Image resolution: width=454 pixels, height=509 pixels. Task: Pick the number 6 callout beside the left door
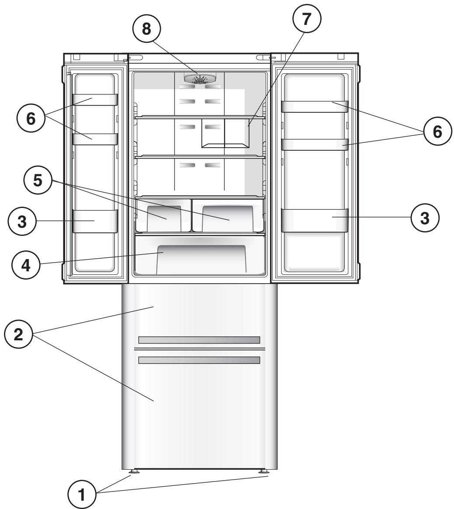tap(31, 119)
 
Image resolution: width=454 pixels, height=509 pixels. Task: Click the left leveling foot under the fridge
tap(133, 472)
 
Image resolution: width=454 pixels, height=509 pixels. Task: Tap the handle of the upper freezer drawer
tap(199, 340)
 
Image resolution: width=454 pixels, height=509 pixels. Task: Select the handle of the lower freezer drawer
tap(199, 360)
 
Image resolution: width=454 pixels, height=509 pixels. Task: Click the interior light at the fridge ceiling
tap(201, 79)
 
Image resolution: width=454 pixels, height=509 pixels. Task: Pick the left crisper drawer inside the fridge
tap(163, 215)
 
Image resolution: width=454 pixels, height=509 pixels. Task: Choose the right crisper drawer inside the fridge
tap(227, 215)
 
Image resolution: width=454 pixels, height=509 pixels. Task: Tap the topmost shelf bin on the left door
tap(95, 100)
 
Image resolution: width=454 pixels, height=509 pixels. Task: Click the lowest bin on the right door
tap(314, 220)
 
